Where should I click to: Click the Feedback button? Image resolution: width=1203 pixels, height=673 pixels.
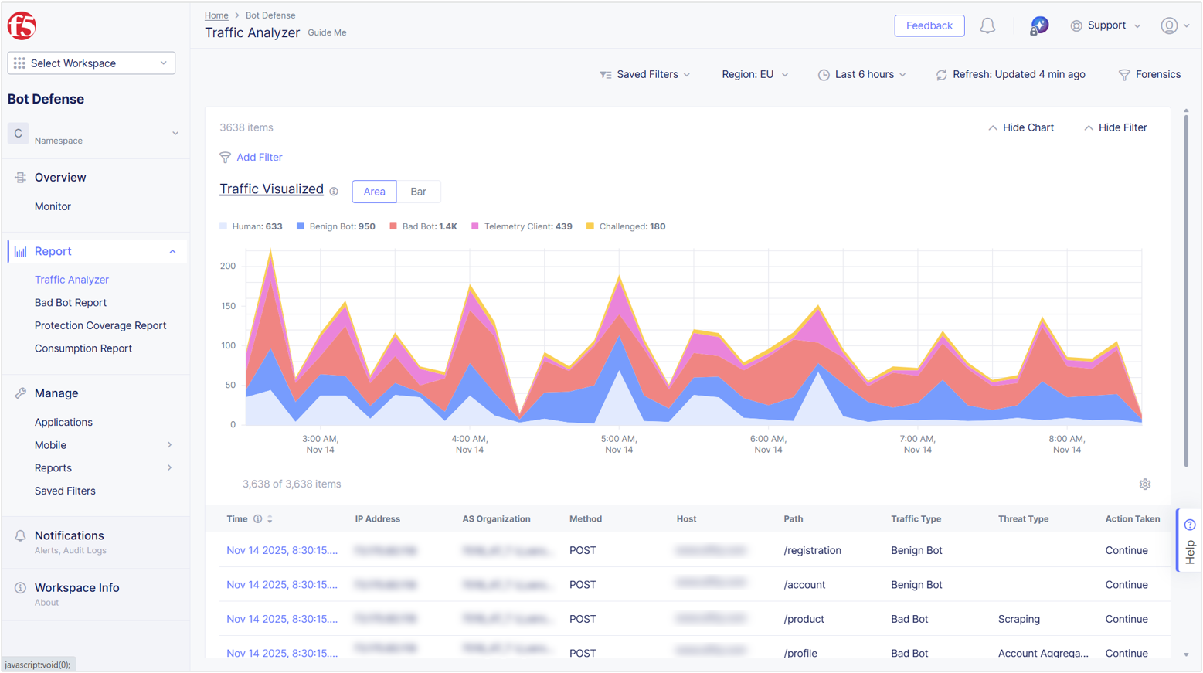tap(929, 25)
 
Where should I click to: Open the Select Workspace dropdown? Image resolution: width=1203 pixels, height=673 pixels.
tap(91, 63)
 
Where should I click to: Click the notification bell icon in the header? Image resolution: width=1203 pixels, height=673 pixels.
tap(987, 26)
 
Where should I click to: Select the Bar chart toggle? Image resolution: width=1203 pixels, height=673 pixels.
tap(418, 192)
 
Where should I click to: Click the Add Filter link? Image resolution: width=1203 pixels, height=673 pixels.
tap(259, 158)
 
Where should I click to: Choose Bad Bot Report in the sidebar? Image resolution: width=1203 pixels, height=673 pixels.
tap(70, 303)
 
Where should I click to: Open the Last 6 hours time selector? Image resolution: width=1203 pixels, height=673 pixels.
tap(862, 75)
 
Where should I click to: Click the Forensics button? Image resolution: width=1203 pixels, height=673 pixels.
tap(1150, 75)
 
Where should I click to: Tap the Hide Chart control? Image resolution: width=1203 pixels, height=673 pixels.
tap(1021, 127)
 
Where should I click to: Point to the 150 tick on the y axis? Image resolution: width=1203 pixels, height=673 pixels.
tap(228, 306)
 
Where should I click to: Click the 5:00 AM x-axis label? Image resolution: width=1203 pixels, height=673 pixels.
tap(618, 444)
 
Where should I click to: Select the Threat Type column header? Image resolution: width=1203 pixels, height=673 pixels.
tap(1023, 519)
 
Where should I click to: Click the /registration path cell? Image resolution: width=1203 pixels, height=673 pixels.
tap(812, 551)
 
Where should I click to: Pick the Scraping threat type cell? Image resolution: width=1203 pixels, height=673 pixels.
tap(1018, 619)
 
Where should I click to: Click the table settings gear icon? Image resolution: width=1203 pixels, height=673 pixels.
tap(1144, 484)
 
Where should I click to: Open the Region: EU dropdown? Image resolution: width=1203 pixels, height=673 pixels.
tap(754, 75)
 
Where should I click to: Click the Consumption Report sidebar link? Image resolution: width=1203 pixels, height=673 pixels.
tap(83, 348)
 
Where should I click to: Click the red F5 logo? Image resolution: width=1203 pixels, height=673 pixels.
tap(22, 25)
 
